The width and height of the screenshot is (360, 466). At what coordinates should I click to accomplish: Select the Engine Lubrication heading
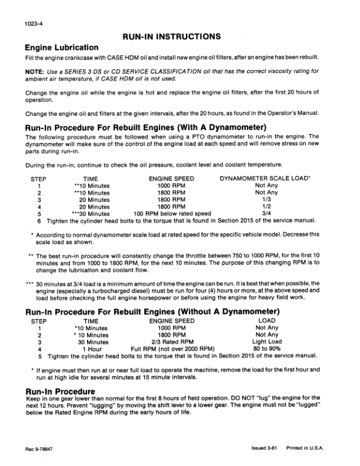pos(61,46)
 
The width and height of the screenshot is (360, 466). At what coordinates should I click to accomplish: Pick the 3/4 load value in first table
pos(266,214)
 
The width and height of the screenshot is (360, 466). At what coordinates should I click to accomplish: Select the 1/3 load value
pos(266,199)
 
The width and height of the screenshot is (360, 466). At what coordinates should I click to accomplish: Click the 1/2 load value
pos(266,207)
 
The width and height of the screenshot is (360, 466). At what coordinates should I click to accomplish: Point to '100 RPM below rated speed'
pos(172,214)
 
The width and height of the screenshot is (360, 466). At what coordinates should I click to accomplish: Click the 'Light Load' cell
pos(267,341)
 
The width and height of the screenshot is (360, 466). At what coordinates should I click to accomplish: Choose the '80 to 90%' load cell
pos(267,348)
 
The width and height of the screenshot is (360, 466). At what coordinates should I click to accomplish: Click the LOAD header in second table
pos(267,321)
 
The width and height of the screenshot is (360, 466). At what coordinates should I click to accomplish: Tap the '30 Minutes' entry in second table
pos(93,341)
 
